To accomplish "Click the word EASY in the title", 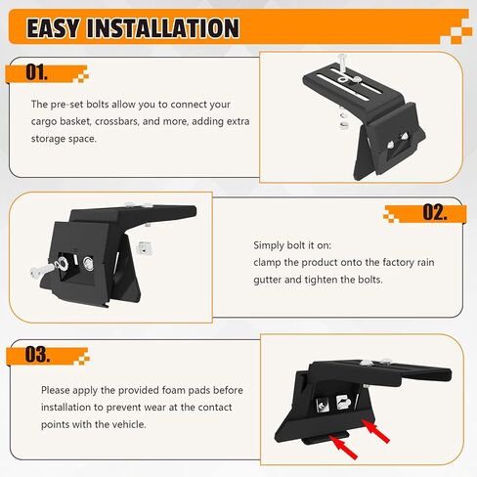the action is point(53,28).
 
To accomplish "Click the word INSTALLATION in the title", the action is point(163,28).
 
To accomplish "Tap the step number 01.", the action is point(36,72).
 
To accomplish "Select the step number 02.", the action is point(435,212).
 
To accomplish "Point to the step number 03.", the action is point(37,355).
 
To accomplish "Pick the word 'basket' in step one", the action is point(75,121).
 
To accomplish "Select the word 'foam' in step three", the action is point(174,390).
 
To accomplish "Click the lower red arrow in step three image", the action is point(343,447).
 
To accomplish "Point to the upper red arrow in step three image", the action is point(375,431).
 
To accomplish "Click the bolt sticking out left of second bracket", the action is point(43,270).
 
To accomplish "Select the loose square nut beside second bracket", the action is point(145,248).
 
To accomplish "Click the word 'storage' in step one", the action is point(50,139).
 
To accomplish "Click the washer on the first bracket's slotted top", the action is point(342,79).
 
